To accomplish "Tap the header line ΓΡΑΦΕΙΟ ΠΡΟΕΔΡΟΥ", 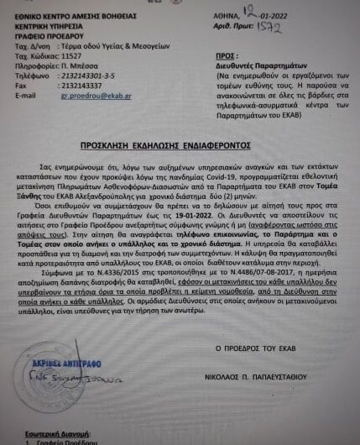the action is [45, 35].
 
